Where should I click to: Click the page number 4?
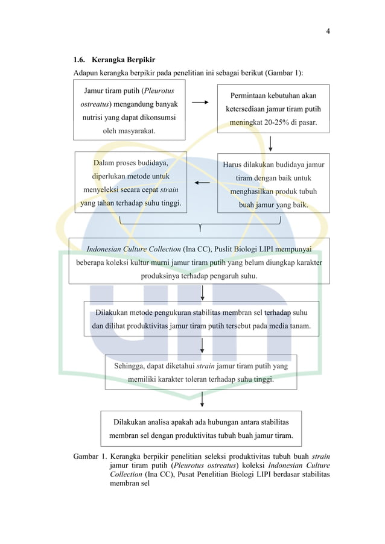pyautogui.click(x=328, y=31)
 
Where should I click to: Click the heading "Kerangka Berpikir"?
pyautogui.click(x=124, y=60)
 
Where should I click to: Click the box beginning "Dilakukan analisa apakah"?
pyautogui.click(x=201, y=428)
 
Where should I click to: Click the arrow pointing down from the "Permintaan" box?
pyautogui.click(x=271, y=144)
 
